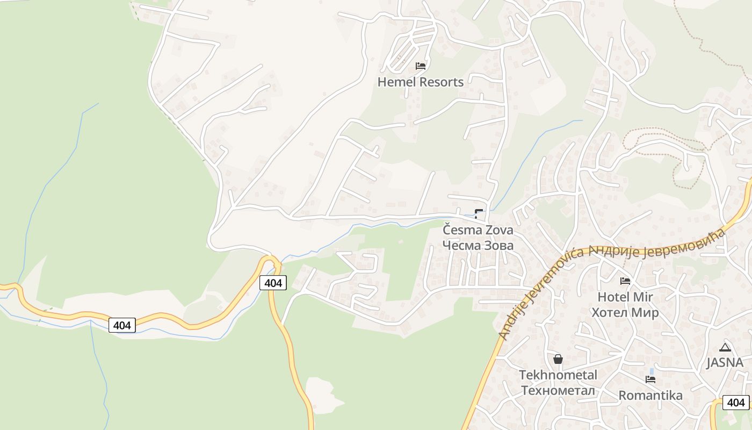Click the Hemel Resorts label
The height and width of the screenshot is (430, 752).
420,82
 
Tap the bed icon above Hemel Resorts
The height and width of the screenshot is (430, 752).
421,66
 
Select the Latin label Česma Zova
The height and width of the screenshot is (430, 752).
478,230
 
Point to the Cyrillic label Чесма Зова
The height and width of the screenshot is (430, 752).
478,245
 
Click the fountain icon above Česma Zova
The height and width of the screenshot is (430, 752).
479,213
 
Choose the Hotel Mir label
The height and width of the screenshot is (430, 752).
625,297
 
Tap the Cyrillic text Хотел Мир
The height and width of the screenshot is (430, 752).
625,312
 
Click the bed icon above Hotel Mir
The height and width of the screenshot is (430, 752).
625,281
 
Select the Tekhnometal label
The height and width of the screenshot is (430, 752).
558,375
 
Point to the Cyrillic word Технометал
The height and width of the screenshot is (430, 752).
558,390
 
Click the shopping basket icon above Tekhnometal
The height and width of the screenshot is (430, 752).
558,359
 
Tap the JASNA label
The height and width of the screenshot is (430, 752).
725,362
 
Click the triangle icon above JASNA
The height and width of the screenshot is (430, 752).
725,347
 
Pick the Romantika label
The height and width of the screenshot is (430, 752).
650,396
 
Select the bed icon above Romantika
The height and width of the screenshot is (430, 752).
650,379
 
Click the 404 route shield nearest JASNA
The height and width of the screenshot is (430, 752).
736,402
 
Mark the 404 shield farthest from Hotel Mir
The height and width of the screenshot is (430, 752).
122,325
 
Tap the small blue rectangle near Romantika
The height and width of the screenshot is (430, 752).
652,371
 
